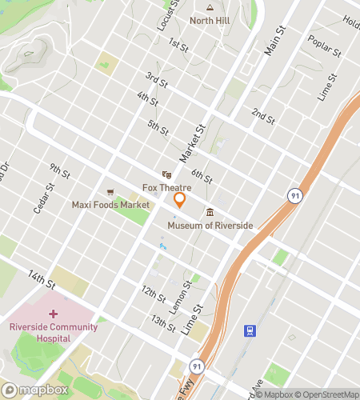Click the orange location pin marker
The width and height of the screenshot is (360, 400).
pyautogui.click(x=180, y=200)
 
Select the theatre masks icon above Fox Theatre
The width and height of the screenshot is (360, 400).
pyautogui.click(x=166, y=174)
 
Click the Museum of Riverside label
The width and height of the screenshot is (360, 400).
pyautogui.click(x=210, y=226)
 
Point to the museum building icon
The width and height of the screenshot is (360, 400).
pyautogui.click(x=210, y=212)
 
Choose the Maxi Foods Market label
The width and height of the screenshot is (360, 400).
pyautogui.click(x=110, y=206)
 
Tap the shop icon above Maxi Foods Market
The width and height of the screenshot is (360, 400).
pyautogui.click(x=110, y=192)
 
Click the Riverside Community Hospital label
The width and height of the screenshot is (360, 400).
pyautogui.click(x=54, y=332)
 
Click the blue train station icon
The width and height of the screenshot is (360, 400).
pyautogui.click(x=250, y=330)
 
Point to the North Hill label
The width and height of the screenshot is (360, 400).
pyautogui.click(x=210, y=21)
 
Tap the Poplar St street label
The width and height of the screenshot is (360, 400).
pyautogui.click(x=325, y=49)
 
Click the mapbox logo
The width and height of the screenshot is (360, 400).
pyautogui.click(x=36, y=390)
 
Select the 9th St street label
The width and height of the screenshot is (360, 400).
pyautogui.click(x=60, y=172)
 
